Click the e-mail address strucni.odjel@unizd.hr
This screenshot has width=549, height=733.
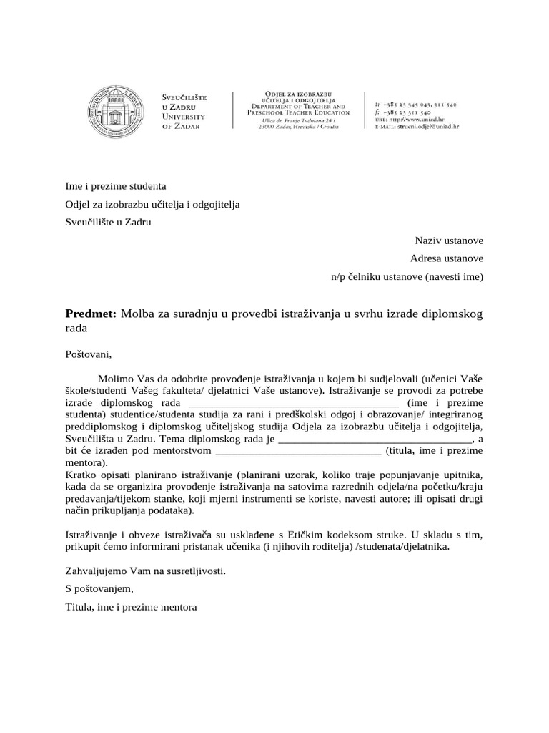pos(427,126)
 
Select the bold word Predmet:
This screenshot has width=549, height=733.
pos(91,314)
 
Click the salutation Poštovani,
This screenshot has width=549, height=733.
pos(89,353)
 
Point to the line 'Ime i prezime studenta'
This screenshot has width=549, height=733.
pos(116,186)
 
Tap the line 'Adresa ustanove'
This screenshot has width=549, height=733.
pos(447,258)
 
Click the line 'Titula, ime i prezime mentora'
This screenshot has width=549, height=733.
pos(131,607)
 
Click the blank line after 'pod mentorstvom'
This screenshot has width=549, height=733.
pos(298,451)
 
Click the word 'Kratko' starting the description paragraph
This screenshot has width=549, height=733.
pos(80,475)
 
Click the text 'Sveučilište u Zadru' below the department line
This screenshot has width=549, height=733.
pos(109,222)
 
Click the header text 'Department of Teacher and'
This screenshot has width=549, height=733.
pos(299,106)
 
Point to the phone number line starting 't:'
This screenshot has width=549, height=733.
pos(415,105)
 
